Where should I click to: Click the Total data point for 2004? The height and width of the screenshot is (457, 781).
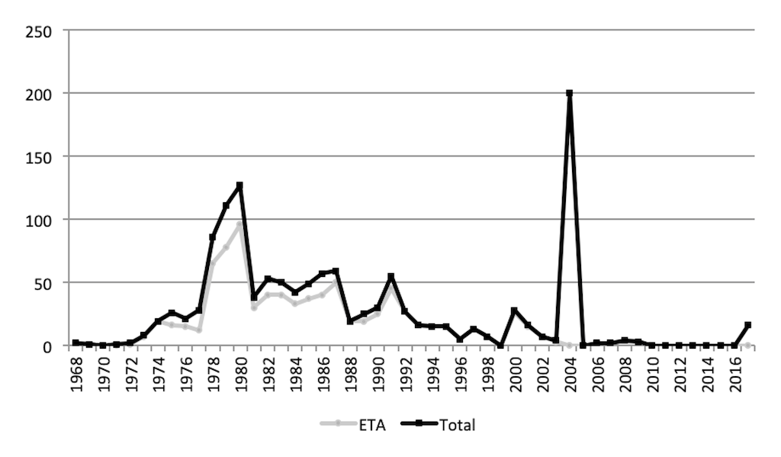click(x=569, y=93)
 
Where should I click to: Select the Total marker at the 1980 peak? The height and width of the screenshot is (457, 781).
click(x=239, y=185)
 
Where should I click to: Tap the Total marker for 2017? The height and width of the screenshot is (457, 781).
click(x=747, y=325)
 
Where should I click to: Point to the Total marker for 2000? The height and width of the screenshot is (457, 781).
click(x=514, y=311)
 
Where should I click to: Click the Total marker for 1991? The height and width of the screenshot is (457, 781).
click(x=390, y=276)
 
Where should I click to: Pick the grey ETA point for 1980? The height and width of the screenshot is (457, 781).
click(x=239, y=224)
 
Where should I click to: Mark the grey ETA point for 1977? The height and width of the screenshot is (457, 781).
click(x=198, y=330)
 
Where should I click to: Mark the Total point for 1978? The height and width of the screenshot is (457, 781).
click(x=212, y=237)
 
